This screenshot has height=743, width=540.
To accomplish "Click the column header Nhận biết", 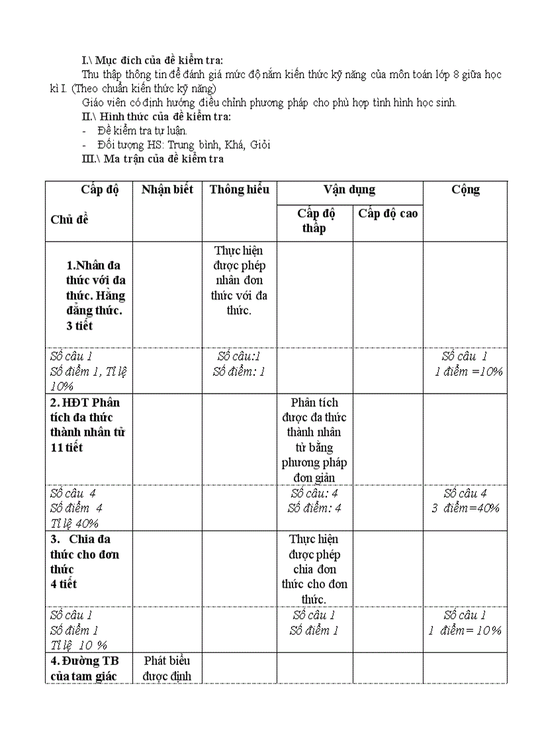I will [167, 190].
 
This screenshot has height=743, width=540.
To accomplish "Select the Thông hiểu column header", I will [239, 190].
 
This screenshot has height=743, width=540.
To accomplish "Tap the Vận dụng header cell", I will [349, 190].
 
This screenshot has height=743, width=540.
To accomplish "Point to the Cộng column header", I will [465, 190].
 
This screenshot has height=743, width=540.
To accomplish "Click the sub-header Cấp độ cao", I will [388, 214].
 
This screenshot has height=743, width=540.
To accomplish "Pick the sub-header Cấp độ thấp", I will [315, 221].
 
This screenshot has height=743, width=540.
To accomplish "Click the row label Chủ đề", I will [69, 220].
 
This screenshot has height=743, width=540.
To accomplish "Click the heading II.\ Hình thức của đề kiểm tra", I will [156, 117].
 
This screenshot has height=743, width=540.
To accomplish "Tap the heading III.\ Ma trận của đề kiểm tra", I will [152, 159].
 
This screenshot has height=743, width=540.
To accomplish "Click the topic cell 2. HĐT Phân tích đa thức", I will [87, 425].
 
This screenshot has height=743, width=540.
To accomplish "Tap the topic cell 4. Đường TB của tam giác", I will [84, 668].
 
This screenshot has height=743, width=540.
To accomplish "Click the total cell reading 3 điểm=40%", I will [465, 508].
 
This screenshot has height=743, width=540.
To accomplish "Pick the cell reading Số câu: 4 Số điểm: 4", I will [315, 501].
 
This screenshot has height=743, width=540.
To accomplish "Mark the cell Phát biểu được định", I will [167, 668].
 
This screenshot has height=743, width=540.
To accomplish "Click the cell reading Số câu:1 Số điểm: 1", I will [239, 364].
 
